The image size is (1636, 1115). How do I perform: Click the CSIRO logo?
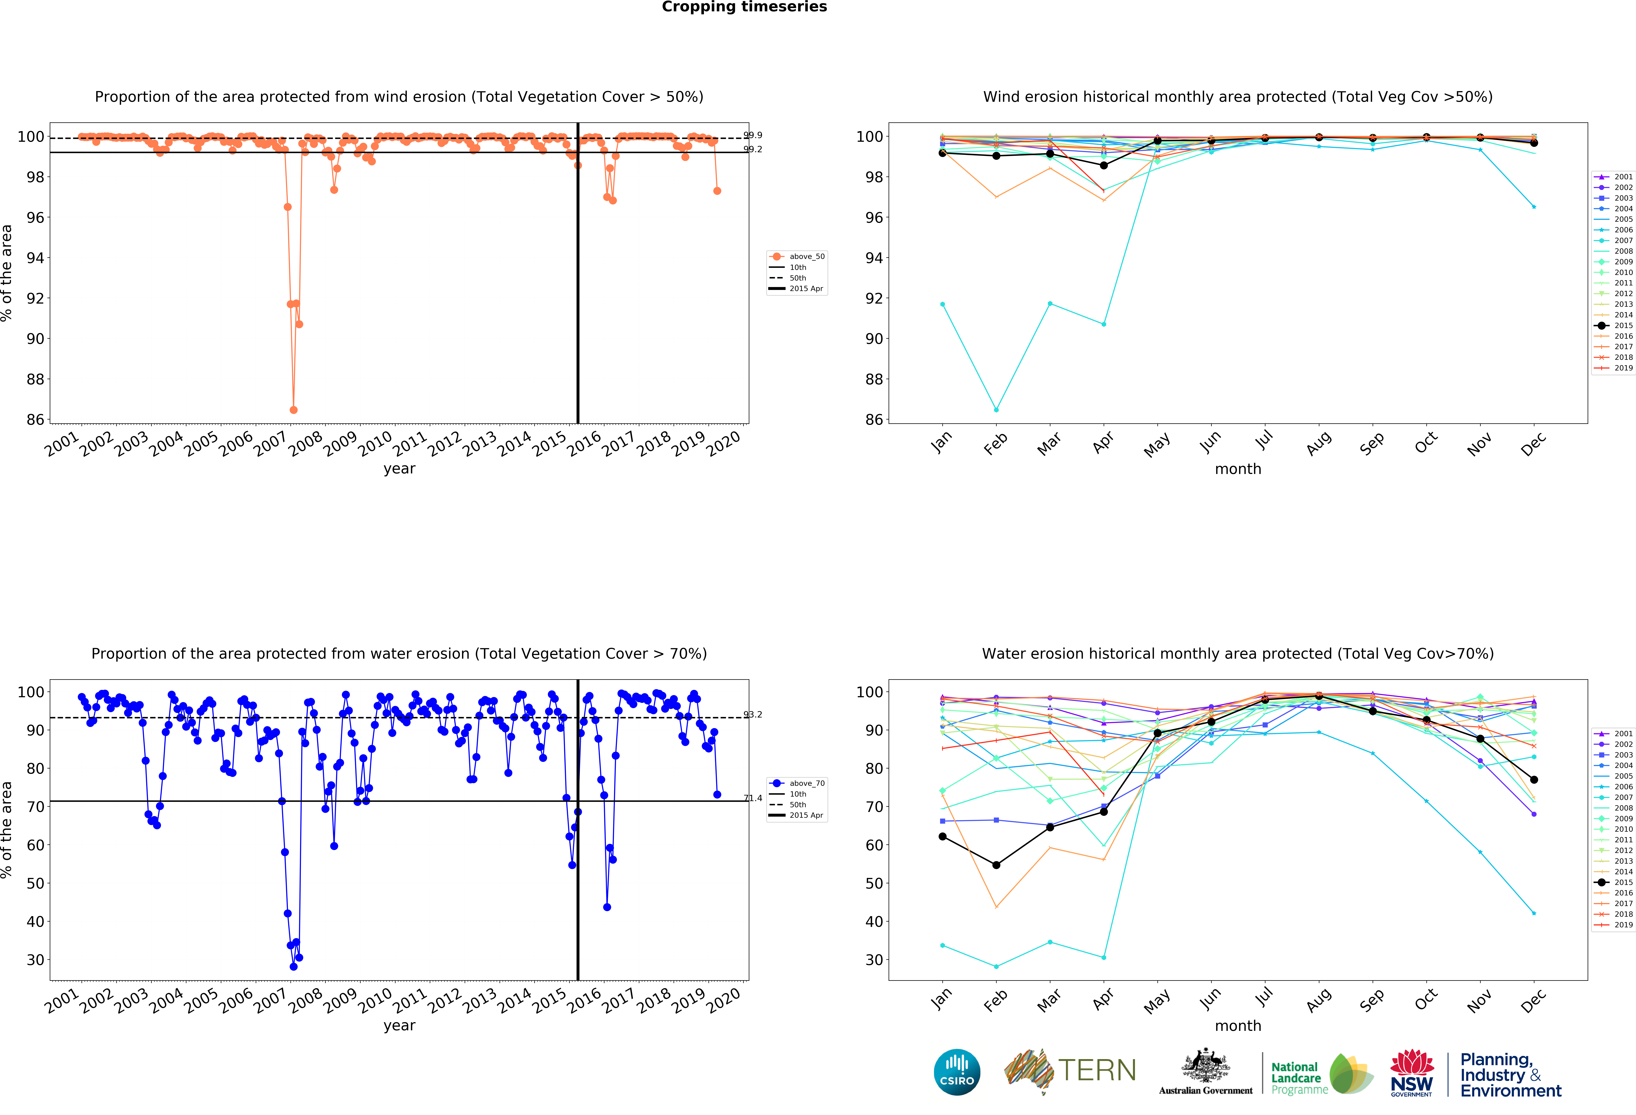coord(957,1072)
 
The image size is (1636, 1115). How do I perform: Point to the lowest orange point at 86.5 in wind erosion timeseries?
coord(294,410)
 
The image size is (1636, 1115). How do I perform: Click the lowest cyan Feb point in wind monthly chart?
coord(996,410)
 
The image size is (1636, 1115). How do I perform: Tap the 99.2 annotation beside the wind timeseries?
coord(752,149)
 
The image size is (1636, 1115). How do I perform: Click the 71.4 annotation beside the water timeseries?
coord(752,798)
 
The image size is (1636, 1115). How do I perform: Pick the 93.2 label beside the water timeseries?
coord(752,715)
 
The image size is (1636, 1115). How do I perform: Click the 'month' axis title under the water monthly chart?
coord(1238,1026)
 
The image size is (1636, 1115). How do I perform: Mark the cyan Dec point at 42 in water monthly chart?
coord(1534,914)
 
